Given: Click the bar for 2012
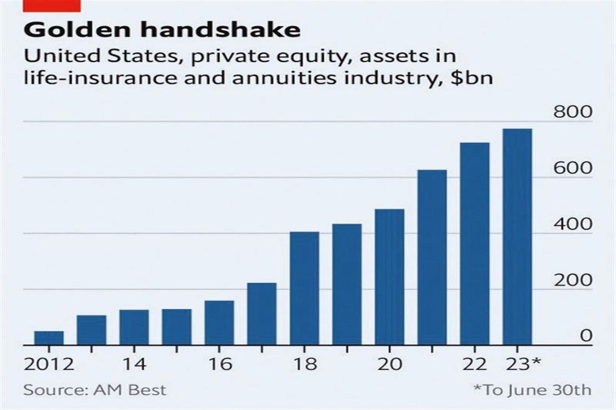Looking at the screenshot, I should click(x=49, y=338).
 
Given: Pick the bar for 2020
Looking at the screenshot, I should click(x=390, y=277).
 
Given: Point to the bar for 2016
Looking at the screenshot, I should click(x=219, y=323).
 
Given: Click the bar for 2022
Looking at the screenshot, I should click(x=474, y=244).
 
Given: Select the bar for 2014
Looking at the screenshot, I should click(x=134, y=327).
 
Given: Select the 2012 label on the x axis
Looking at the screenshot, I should click(x=49, y=364).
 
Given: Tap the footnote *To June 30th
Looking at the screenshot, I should click(x=532, y=389).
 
